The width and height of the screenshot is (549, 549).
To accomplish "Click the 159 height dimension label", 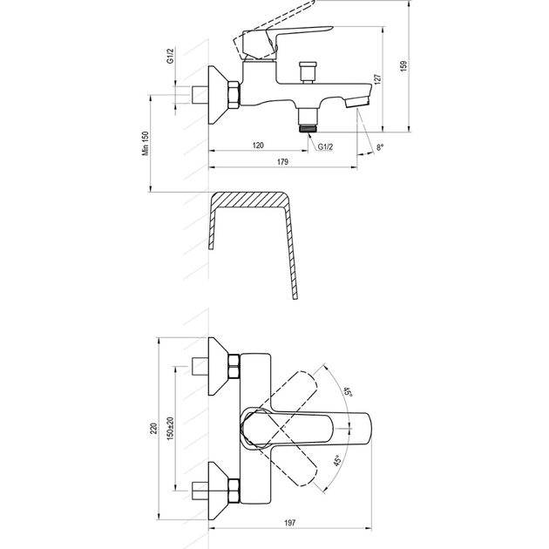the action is tap(404, 66).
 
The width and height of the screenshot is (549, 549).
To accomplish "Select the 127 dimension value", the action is tap(377, 79).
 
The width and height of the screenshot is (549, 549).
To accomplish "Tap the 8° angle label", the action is tap(380, 147).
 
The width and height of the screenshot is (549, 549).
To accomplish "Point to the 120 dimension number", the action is tap(258, 145).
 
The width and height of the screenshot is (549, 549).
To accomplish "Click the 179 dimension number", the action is tap(282, 162).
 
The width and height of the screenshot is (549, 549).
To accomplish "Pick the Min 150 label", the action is tap(146, 143).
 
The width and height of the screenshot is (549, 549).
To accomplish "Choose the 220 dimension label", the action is tap(153, 429).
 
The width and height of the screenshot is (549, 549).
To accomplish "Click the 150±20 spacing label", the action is tap(171, 429).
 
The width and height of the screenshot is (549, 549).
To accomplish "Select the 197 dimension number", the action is tap(290, 523).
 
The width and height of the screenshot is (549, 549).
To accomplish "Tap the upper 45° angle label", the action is tap(348, 392).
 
